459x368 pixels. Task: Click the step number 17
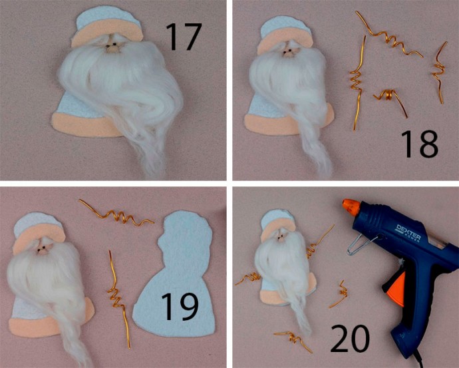click(x=184, y=37)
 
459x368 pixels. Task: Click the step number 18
click(x=419, y=144)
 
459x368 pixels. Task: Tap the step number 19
click(x=180, y=307)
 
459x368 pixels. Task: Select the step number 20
click(x=350, y=339)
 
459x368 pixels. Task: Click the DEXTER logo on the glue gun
click(x=408, y=233)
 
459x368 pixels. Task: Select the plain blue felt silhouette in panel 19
click(x=174, y=278)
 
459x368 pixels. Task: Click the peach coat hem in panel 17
click(x=85, y=125)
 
